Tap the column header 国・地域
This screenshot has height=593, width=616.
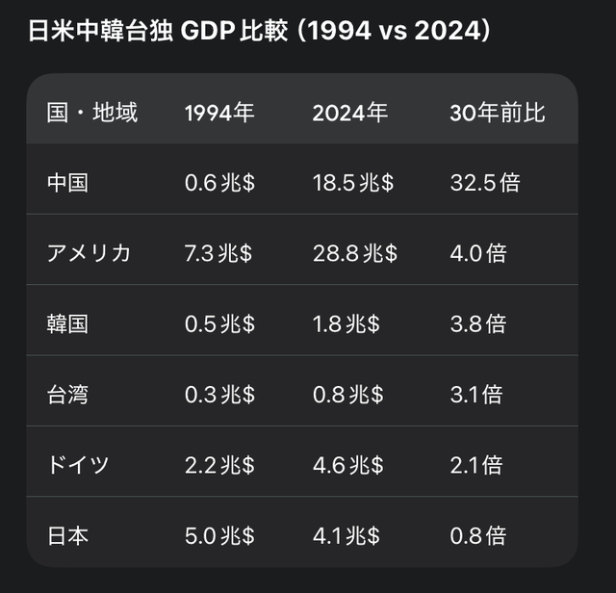coord(92,113)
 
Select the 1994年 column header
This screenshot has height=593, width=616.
coord(219,113)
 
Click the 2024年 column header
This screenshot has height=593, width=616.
coord(349,113)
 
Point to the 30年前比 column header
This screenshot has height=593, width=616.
coord(498,113)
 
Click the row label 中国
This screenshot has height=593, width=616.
coord(67,183)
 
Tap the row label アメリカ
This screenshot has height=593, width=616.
coord(89,253)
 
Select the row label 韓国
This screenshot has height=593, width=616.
coord(67,323)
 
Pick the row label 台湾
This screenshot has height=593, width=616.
coord(67,395)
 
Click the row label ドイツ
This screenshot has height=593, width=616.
coord(78,465)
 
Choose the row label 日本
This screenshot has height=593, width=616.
coord(67,535)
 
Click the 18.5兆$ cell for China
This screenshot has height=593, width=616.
coord(352,183)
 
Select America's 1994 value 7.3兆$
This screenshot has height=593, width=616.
coord(218,253)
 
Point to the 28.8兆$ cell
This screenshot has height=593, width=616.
coord(354,253)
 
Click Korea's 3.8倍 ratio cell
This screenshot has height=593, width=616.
coord(477,323)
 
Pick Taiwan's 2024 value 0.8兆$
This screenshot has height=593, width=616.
coord(347,395)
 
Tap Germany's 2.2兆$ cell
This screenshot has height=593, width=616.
coord(219,465)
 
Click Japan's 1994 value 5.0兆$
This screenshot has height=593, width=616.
coord(219,535)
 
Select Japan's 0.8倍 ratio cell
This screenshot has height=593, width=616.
coord(477,535)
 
